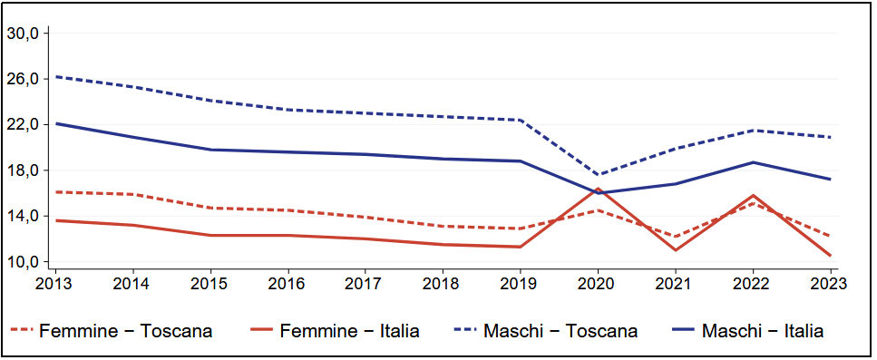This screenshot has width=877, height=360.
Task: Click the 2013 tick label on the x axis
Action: point(55,283)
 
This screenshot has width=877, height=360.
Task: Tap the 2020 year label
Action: point(598,283)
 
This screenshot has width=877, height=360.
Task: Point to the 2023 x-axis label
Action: point(830,283)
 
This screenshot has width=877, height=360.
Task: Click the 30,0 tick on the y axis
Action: point(23,34)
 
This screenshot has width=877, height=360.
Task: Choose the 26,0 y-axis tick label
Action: point(23,79)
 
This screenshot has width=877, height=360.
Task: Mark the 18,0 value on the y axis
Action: point(23,170)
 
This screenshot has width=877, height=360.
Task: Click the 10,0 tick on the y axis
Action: point(23,262)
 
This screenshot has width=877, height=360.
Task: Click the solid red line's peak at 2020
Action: point(598,189)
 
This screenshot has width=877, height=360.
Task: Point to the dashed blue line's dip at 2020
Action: point(598,175)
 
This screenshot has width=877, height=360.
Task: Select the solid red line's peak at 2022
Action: point(753,195)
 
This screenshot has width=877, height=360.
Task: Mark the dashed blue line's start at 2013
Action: point(55,77)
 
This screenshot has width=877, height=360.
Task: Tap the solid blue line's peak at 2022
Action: point(753,162)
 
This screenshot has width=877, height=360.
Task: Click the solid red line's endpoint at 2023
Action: point(830,255)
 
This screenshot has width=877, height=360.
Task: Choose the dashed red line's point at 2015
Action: point(210,208)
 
